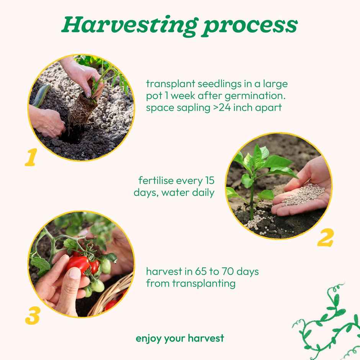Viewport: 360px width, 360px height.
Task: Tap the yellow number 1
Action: [30, 158]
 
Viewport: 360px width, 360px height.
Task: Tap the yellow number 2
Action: [325, 238]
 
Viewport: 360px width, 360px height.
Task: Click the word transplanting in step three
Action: [204, 284]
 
